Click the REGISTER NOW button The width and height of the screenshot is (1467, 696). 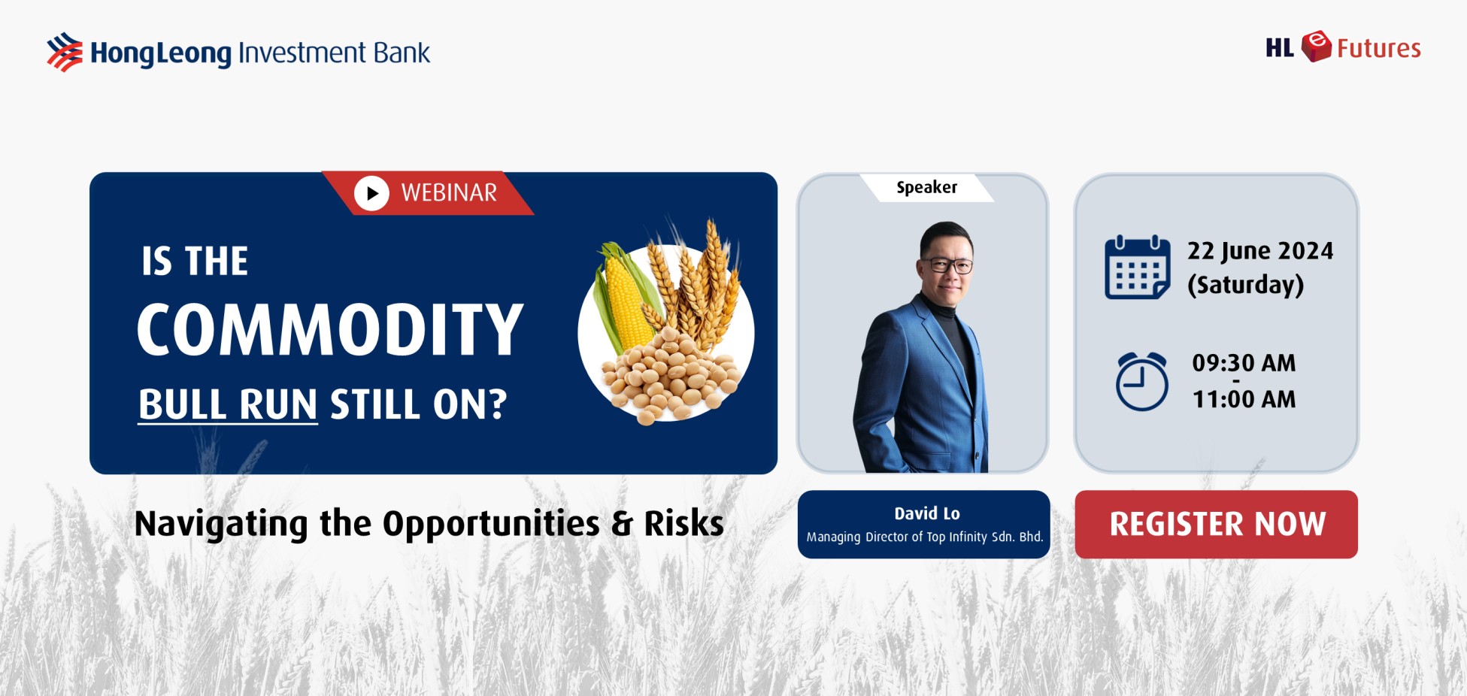click(x=1216, y=525)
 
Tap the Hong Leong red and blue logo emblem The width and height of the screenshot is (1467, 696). click(x=65, y=52)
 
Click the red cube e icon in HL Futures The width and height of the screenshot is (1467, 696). click(x=1316, y=47)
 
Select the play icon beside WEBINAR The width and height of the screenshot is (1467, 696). click(x=371, y=193)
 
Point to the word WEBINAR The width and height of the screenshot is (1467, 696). click(x=449, y=193)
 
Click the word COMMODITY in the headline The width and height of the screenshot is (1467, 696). click(x=330, y=329)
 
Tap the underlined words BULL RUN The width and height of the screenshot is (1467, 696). click(x=228, y=404)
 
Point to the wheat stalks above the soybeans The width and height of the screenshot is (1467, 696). click(x=696, y=282)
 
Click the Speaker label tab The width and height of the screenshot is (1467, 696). click(x=926, y=187)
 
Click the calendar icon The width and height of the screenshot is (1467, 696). click(x=1137, y=268)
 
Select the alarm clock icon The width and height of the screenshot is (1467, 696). click(x=1141, y=381)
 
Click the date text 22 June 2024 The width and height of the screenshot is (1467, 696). click(x=1260, y=251)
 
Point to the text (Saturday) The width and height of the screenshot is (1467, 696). click(x=1245, y=285)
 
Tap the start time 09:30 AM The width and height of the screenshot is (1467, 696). click(x=1244, y=363)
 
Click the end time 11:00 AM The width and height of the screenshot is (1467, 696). click(x=1244, y=399)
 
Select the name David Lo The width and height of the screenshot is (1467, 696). click(x=926, y=513)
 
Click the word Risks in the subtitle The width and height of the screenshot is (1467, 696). click(x=683, y=523)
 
